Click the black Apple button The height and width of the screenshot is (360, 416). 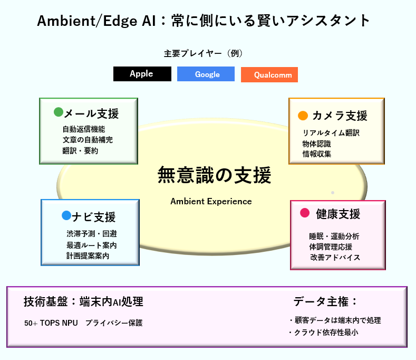[142, 74]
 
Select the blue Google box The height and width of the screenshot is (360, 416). [206, 74]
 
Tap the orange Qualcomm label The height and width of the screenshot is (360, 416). [269, 74]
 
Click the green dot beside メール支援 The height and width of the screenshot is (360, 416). [59, 112]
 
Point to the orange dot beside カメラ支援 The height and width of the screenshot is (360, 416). [303, 116]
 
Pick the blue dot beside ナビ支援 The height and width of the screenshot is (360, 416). [66, 215]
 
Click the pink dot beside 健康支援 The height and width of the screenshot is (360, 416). [305, 213]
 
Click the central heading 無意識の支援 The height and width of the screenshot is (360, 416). [215, 175]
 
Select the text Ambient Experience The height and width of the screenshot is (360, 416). [211, 202]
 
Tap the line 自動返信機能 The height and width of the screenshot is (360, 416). [84, 129]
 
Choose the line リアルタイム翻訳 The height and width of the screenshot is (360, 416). [331, 133]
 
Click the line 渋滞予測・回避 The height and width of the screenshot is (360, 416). [92, 234]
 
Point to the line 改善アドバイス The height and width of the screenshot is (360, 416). [335, 258]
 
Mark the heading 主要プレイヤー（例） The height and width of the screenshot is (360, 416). [203, 53]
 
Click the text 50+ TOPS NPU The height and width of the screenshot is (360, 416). [51, 323]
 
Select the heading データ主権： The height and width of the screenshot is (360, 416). [325, 301]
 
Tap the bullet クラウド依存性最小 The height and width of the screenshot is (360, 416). [323, 333]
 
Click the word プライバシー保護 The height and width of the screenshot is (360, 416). [114, 323]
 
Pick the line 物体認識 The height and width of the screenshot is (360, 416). [316, 144]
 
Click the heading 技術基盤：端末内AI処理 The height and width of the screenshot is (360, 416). [83, 301]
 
